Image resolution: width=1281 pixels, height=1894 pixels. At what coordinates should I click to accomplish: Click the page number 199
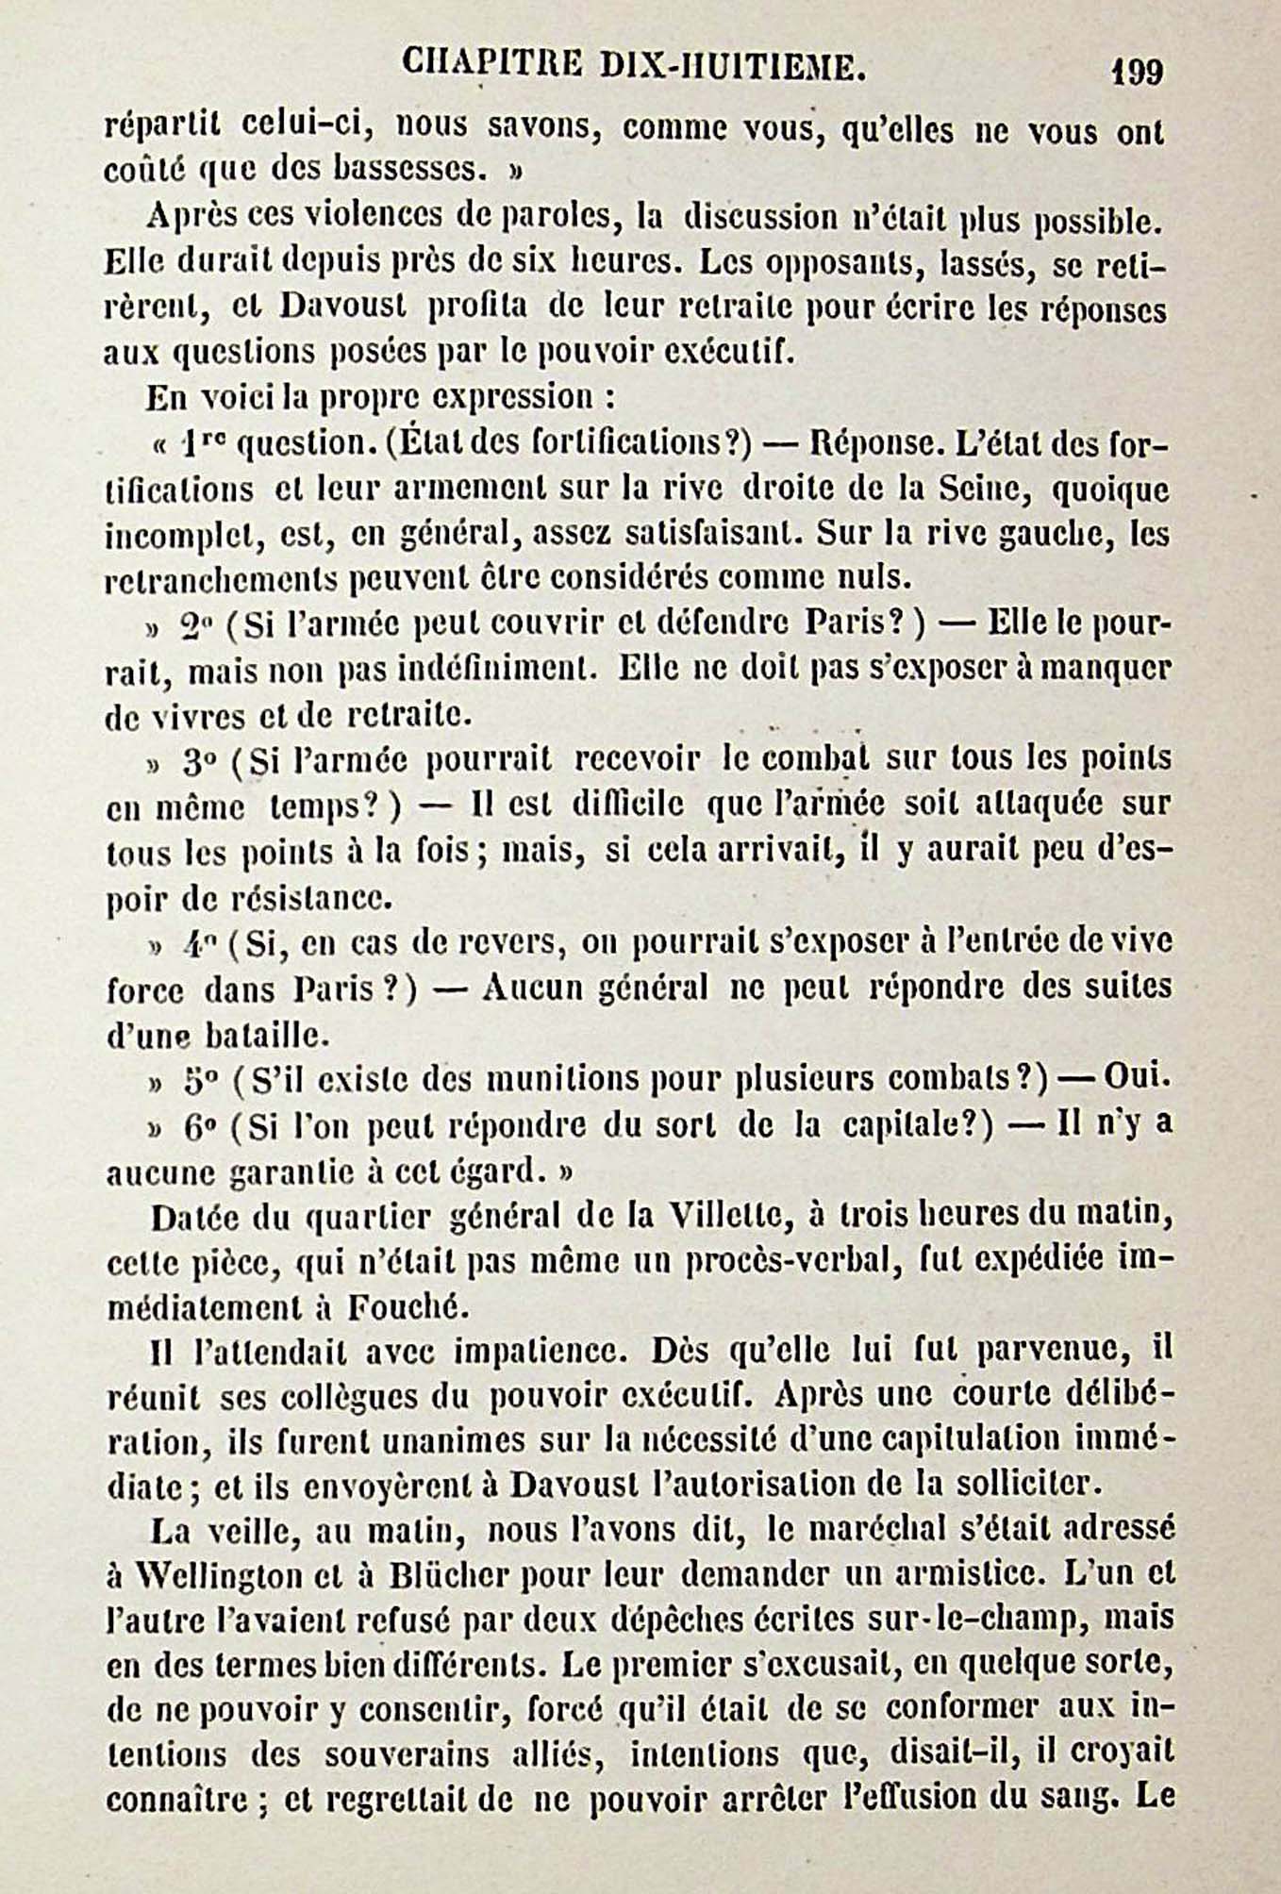tap(1137, 72)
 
